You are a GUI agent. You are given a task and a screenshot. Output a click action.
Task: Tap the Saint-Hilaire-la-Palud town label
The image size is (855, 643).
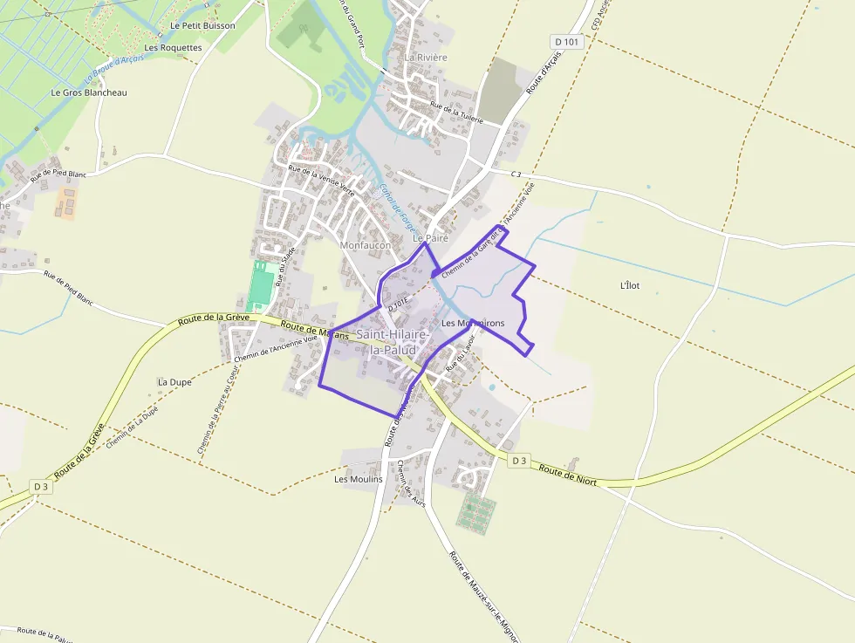pyautogui.click(x=393, y=342)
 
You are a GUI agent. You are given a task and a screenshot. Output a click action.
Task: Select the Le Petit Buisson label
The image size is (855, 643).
pyautogui.click(x=203, y=25)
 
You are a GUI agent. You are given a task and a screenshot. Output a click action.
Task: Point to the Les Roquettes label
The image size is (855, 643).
pyautogui.click(x=173, y=48)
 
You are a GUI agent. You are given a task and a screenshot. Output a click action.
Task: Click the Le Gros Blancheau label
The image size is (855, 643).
pyautogui.click(x=89, y=92)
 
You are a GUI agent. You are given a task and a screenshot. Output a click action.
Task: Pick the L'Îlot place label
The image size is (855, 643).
pyautogui.click(x=629, y=285)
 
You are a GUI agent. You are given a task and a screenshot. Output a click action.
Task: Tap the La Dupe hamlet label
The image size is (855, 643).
pyautogui.click(x=174, y=382)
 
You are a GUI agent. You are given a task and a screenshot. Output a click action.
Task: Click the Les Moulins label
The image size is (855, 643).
pyautogui.click(x=359, y=479)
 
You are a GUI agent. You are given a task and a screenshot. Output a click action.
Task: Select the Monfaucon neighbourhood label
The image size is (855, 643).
pyautogui.click(x=366, y=246)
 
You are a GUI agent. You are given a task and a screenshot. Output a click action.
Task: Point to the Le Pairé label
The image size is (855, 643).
pyautogui.click(x=430, y=237)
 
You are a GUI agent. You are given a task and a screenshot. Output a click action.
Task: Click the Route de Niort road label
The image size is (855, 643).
pyautogui.click(x=568, y=475)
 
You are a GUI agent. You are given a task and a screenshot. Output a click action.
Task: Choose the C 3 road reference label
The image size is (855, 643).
pyautogui.click(x=515, y=174)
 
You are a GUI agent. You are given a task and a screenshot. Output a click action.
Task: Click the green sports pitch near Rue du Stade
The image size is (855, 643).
pyautogui.click(x=260, y=284)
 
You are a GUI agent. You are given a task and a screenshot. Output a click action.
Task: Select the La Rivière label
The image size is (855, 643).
pyautogui.click(x=426, y=58)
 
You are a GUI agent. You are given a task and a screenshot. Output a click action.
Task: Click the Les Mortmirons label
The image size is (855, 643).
pyautogui.click(x=473, y=324)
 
